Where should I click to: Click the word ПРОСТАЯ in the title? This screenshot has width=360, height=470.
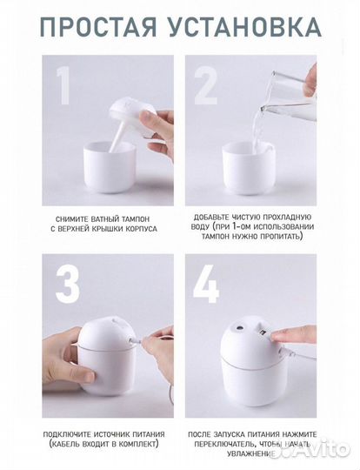[x=98, y=27]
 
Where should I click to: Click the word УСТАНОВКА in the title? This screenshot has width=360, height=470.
[x=244, y=27]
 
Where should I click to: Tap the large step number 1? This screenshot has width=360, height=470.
[x=63, y=85]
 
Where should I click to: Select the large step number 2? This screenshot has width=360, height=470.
[x=205, y=85]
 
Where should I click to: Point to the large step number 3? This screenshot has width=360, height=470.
[x=67, y=284]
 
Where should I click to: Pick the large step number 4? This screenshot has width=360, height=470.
[x=206, y=284]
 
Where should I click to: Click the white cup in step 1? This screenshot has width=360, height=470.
[x=110, y=167]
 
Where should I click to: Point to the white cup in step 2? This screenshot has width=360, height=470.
[x=249, y=167]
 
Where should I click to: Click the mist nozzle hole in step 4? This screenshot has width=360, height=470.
[x=239, y=327]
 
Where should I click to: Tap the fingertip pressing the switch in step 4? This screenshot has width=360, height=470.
[x=277, y=337]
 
